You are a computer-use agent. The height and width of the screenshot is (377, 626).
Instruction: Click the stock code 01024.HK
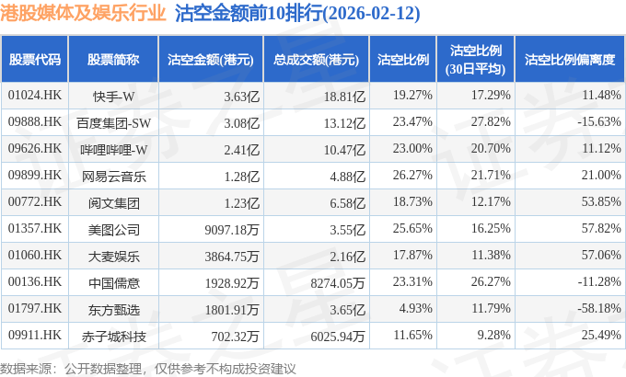pyautogui.click(x=35, y=96)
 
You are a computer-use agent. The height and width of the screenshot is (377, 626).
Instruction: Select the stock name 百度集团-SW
pyautogui.click(x=114, y=123)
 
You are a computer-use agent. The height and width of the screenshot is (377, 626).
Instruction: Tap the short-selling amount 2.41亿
pyautogui.click(x=241, y=150)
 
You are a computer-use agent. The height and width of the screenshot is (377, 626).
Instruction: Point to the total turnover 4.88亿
pyautogui.click(x=347, y=177)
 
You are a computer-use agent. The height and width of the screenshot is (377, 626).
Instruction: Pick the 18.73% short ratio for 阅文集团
pyautogui.click(x=412, y=201)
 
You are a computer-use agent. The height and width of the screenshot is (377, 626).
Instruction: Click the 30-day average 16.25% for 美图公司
pyautogui.click(x=491, y=228)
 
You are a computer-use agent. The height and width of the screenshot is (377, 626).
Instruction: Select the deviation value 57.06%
pyautogui.click(x=601, y=255)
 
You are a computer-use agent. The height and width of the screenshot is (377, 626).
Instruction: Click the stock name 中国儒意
pyautogui.click(x=114, y=283)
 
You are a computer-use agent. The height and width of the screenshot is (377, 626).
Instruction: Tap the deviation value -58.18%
pyautogui.click(x=599, y=308)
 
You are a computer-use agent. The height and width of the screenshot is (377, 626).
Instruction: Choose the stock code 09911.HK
pyautogui.click(x=35, y=335)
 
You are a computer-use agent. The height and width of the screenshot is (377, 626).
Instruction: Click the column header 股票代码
pyautogui.click(x=35, y=60)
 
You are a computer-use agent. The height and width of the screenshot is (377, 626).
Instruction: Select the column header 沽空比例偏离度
pyautogui.click(x=570, y=60)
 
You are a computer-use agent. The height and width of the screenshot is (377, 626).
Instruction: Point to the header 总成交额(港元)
pyautogui.click(x=316, y=60)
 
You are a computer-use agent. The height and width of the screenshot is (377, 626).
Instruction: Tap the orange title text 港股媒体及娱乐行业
pyautogui.click(x=83, y=13)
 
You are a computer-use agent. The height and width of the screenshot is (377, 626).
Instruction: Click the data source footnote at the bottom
pyautogui.click(x=148, y=368)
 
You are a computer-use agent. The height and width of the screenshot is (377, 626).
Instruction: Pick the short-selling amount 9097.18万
pyautogui.click(x=232, y=230)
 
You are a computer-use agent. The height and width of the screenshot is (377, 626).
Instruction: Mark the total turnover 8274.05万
pyautogui.click(x=338, y=283)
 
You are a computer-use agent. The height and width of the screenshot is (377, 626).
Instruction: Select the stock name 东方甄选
pyautogui.click(x=114, y=310)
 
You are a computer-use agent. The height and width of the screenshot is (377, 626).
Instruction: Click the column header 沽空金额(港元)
pyautogui.click(x=211, y=60)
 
